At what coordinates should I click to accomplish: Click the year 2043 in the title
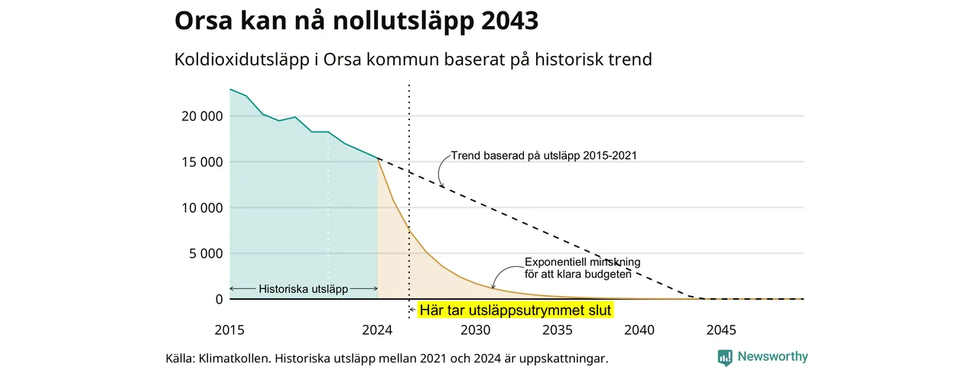(509, 21)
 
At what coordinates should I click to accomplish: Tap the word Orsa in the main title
(203, 21)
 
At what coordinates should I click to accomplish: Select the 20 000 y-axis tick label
(202, 116)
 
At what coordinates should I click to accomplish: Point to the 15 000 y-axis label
(202, 162)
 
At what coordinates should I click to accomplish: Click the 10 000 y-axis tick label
(202, 208)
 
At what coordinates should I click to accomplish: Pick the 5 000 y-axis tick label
(206, 253)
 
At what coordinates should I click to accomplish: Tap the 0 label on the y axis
(219, 299)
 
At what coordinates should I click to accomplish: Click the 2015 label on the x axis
(229, 330)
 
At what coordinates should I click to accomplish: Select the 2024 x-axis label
(377, 330)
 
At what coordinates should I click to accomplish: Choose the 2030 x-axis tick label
(476, 330)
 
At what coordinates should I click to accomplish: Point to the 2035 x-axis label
(558, 330)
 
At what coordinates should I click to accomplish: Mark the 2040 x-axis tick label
(639, 330)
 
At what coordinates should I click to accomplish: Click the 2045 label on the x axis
(721, 330)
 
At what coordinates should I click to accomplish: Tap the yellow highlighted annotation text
(516, 310)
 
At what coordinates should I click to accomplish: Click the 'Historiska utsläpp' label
(304, 289)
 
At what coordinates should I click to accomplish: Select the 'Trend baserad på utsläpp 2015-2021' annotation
(544, 155)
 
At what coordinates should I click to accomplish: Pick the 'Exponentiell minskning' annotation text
(583, 262)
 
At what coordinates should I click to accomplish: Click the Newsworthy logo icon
(725, 357)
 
